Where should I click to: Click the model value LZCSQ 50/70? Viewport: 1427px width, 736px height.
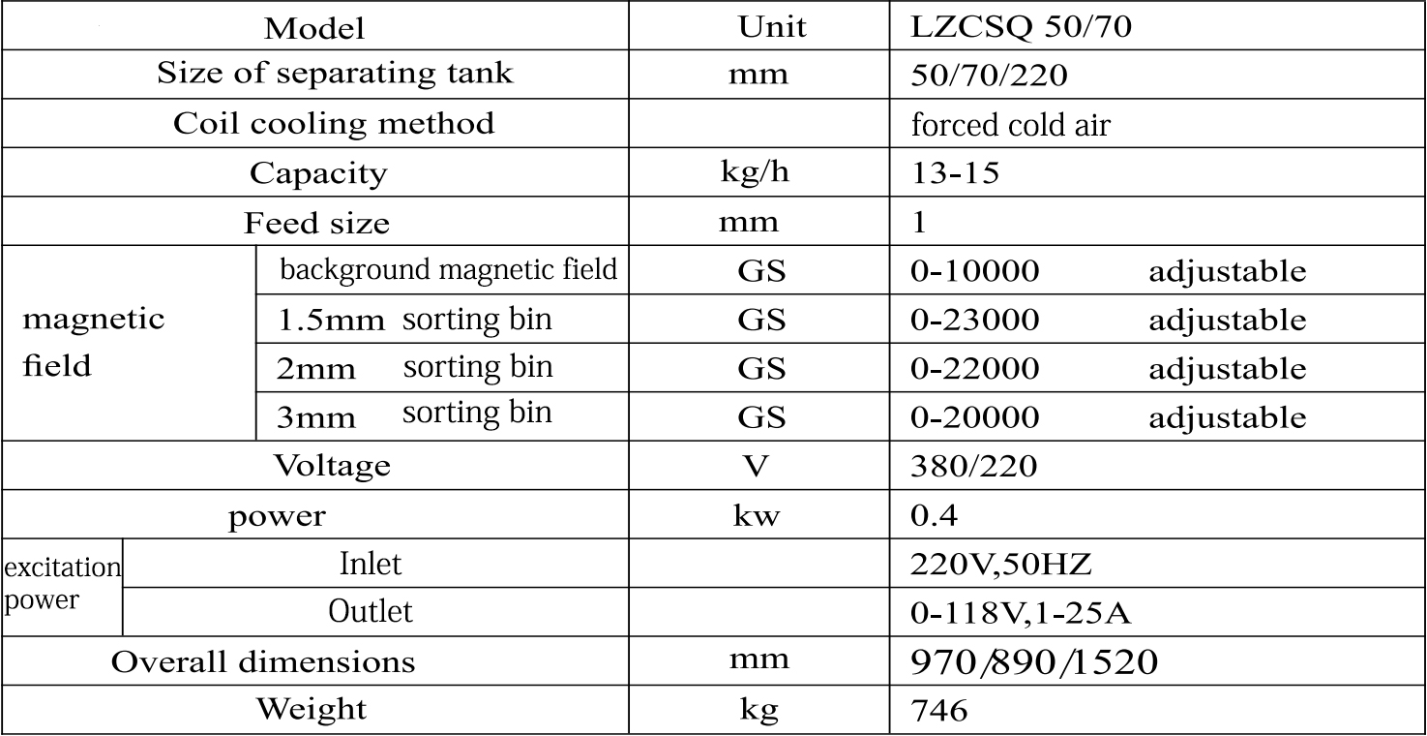[1021, 27]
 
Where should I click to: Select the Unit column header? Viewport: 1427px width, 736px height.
[771, 27]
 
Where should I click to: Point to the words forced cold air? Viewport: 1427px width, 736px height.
[1010, 126]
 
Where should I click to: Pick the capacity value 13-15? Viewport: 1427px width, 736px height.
[955, 174]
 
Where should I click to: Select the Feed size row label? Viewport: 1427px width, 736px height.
[316, 224]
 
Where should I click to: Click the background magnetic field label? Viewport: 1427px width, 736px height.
[448, 270]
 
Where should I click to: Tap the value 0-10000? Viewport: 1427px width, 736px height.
[975, 272]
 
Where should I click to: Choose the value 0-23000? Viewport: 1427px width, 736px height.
[975, 321]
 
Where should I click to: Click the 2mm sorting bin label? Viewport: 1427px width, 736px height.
[415, 369]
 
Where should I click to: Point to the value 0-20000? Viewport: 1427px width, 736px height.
[975, 418]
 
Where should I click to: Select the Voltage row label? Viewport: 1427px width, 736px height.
[332, 466]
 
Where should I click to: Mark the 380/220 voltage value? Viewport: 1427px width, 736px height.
[973, 467]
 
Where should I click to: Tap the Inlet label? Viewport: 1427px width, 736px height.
[371, 563]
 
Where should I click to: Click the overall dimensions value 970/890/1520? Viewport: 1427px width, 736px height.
[1034, 662]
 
